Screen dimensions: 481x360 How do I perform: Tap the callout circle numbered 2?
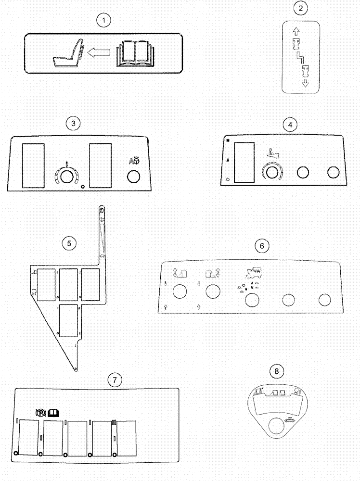point(301,9)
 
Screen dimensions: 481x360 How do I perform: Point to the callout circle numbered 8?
point(275,371)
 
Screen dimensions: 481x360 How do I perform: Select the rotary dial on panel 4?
point(272,173)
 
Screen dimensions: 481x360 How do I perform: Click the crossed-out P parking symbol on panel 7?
point(41,412)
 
